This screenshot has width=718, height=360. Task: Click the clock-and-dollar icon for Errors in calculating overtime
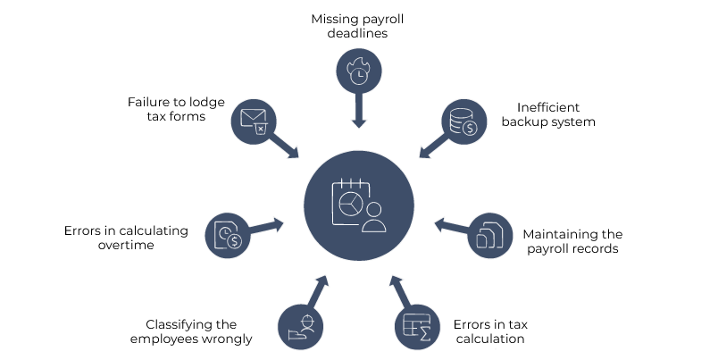coord(227,235)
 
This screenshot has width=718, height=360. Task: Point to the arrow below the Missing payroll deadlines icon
coord(358,110)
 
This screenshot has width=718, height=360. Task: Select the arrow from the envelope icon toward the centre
coord(285,146)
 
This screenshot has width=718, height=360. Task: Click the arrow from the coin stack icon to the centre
coord(432,146)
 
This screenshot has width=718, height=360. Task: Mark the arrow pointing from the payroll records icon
coord(451,227)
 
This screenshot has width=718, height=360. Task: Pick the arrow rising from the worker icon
coord(318,292)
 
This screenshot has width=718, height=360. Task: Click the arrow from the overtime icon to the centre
coord(265,227)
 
